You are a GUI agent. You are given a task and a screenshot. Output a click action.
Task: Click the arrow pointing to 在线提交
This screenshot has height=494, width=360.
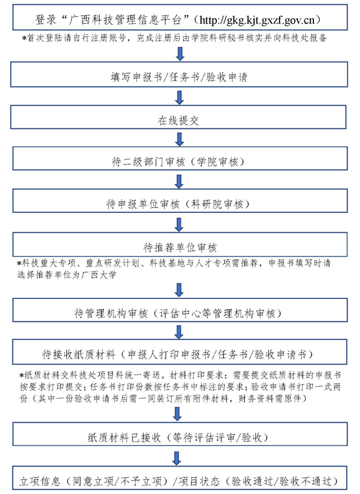[179, 98]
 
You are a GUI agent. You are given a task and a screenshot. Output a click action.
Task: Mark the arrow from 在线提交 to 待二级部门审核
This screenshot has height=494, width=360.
[179, 140]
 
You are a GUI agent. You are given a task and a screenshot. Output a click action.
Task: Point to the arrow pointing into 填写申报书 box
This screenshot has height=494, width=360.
[180, 54]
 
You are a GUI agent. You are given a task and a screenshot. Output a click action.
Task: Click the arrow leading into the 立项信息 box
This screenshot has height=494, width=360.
[177, 458]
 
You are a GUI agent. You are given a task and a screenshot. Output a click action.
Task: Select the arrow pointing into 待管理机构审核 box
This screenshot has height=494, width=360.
[179, 290]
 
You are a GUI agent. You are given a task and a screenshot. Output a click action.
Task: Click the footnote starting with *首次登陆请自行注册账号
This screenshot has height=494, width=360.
[174, 39]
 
